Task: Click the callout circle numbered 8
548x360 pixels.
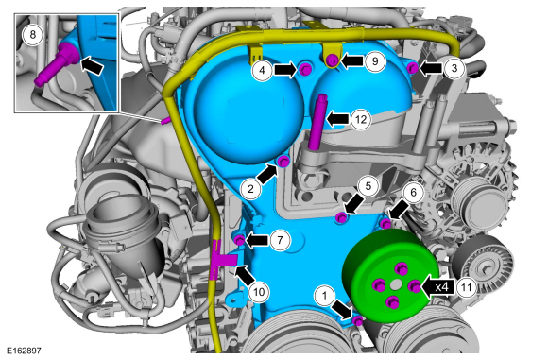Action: [x=33, y=35]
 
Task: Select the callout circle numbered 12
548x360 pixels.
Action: [x=361, y=120]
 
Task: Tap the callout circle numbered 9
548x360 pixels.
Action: [x=375, y=61]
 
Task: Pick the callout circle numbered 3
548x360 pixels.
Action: [x=454, y=68]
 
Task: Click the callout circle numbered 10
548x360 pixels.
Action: [x=259, y=292]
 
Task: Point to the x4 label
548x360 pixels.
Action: [x=442, y=287]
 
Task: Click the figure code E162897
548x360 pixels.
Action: [x=24, y=351]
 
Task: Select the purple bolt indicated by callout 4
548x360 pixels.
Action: [x=305, y=70]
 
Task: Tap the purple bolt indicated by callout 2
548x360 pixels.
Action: [x=283, y=162]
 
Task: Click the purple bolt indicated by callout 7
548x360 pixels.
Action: [x=239, y=240]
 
